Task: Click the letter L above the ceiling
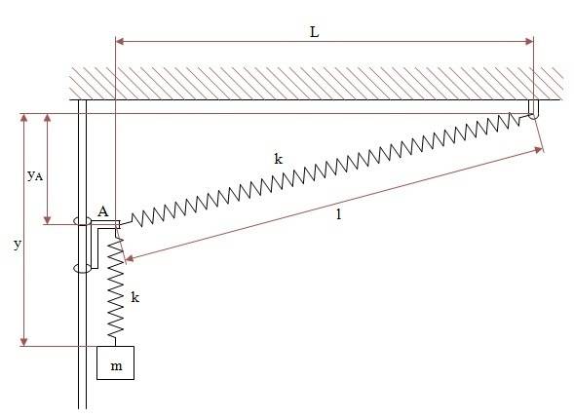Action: coord(314,31)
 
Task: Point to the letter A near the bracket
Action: coord(102,210)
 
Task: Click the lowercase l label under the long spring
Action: coord(337,215)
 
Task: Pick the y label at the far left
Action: coord(17,245)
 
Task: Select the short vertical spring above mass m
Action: coord(117,288)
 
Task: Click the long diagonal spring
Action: coord(322,171)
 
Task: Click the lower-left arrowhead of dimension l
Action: coord(126,258)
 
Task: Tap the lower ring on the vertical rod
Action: coord(82,267)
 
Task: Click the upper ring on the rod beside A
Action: coord(83,223)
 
